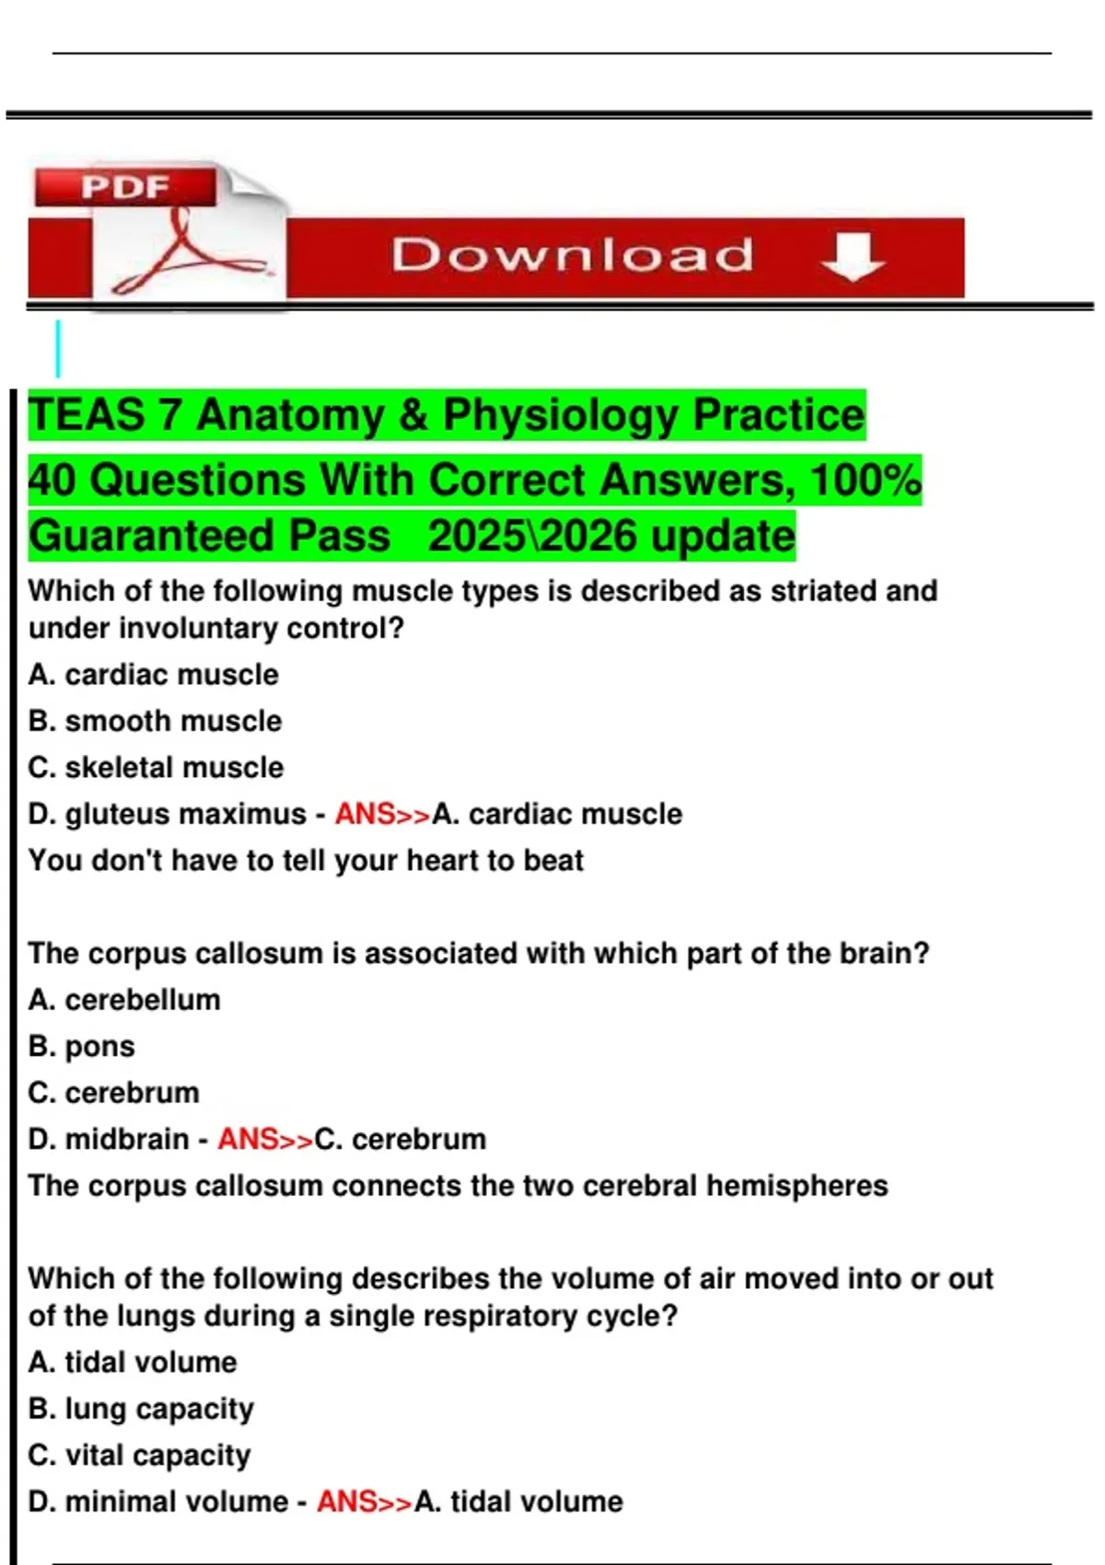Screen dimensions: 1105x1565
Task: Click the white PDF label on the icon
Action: (x=125, y=187)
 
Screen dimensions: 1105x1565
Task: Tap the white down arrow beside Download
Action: (x=853, y=257)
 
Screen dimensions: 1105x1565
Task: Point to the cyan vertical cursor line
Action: (x=58, y=349)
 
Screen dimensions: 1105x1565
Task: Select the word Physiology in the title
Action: (x=560, y=415)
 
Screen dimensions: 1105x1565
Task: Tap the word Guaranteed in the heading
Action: (x=209, y=537)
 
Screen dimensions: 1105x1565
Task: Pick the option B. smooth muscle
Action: (x=156, y=721)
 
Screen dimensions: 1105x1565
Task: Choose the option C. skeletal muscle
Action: (x=156, y=767)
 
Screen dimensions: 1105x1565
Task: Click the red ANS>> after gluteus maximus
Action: (x=383, y=814)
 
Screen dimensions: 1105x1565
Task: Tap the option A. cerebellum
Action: (x=124, y=1000)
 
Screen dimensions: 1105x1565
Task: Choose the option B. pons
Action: (x=82, y=1047)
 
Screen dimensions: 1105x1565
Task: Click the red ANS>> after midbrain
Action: (x=265, y=1140)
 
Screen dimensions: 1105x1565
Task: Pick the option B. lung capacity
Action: (x=141, y=1409)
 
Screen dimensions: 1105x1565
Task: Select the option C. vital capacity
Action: (x=139, y=1456)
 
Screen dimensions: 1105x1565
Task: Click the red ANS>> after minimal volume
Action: (x=365, y=1502)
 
